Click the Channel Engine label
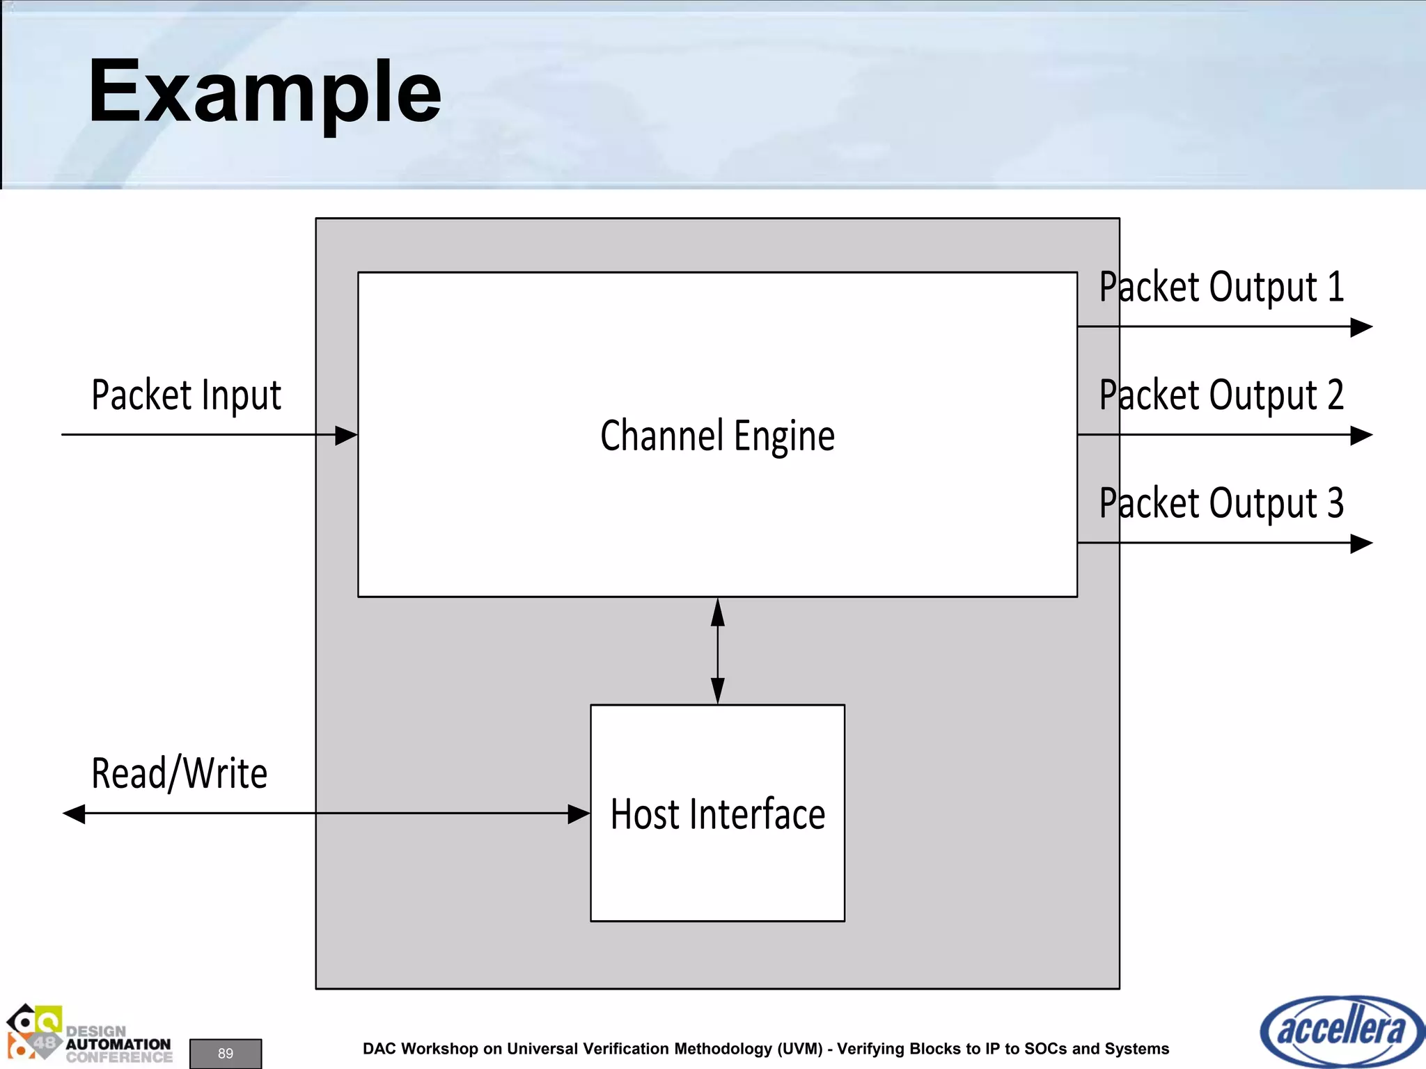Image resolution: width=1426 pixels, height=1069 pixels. pos(717,436)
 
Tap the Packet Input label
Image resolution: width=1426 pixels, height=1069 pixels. pos(186,395)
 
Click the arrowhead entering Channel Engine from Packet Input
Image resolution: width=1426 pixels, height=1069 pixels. pos(347,436)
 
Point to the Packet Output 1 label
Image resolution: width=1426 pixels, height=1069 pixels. pos(1221,287)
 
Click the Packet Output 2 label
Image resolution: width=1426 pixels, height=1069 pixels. pos(1221,395)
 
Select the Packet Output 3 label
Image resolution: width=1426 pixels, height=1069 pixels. pos(1221,503)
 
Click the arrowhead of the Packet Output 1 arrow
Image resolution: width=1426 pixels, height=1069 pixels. pos(1361,327)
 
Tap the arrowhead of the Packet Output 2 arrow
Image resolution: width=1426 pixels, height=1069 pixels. pos(1361,436)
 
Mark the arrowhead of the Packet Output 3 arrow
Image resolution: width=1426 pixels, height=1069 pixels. pos(1361,544)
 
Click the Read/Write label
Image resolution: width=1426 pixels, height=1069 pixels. pos(180,773)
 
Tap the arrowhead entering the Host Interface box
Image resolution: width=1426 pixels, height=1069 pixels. pos(579,814)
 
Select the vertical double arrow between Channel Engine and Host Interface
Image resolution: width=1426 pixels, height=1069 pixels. pos(718,651)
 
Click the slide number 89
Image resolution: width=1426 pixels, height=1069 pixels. pos(226,1053)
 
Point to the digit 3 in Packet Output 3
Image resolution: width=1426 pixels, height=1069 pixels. pos(1335,502)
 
